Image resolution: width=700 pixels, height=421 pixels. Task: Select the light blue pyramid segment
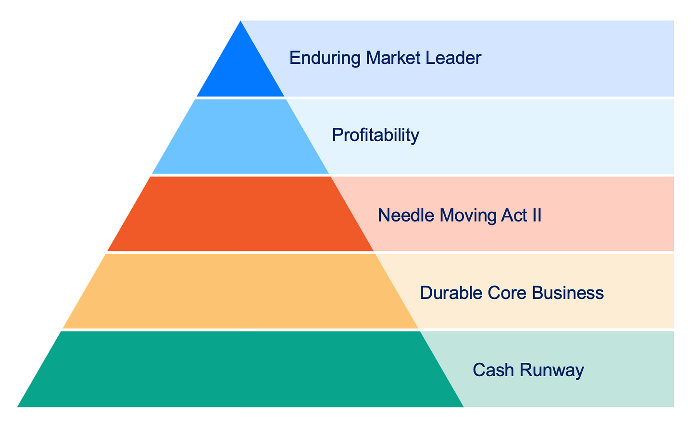coord(240,137)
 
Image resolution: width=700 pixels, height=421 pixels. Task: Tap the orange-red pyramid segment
coord(240,214)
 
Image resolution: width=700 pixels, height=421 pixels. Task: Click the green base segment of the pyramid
coord(240,369)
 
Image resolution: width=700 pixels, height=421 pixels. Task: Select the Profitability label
coord(375,136)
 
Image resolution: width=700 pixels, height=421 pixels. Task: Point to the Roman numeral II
coord(536,215)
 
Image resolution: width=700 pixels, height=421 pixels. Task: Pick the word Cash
coord(492,370)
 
